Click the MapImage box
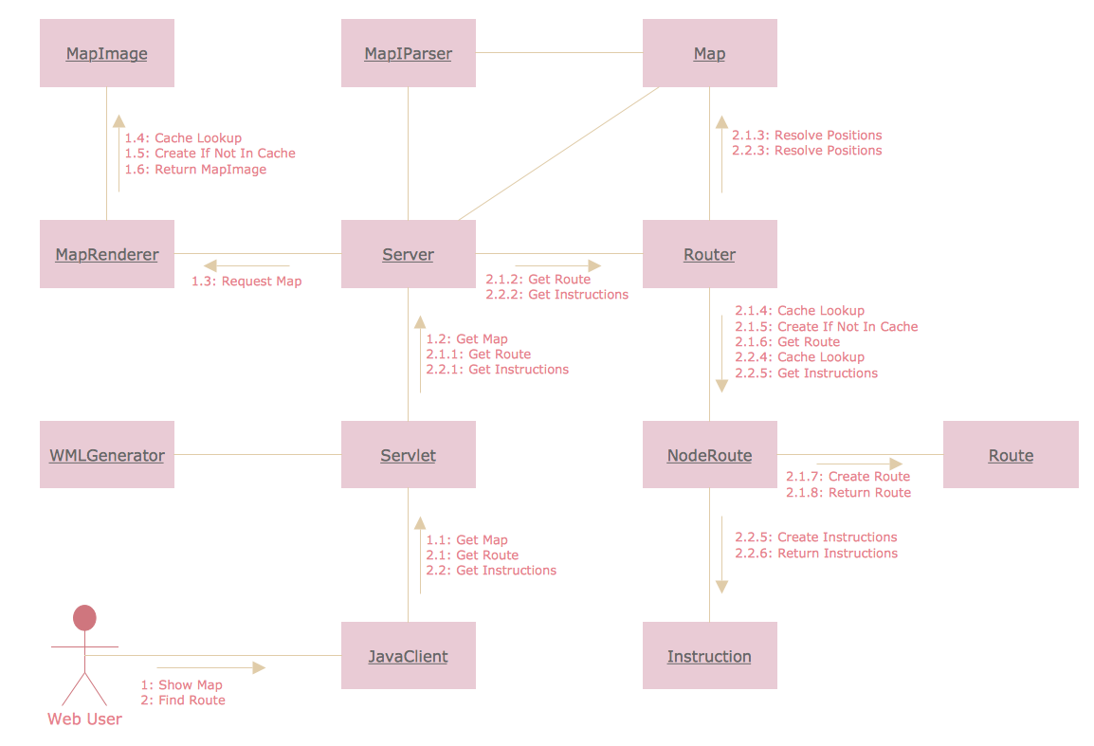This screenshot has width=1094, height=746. click(106, 53)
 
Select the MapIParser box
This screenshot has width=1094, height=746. click(408, 53)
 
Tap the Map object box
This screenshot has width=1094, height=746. click(709, 53)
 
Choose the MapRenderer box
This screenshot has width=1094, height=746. click(106, 254)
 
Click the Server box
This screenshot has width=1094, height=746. click(408, 254)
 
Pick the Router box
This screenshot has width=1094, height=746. click(709, 254)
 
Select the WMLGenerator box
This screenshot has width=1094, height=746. click(106, 455)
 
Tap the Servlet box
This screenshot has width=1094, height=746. click(408, 455)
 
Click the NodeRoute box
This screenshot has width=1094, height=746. click(709, 455)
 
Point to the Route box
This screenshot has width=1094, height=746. click(1011, 455)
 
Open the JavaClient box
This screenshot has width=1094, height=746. click(408, 656)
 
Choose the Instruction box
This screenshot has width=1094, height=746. click(709, 656)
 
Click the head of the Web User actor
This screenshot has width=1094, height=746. click(85, 618)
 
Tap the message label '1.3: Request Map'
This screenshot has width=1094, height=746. click(246, 282)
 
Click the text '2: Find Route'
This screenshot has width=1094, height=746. click(183, 701)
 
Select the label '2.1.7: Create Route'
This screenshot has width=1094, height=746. click(848, 477)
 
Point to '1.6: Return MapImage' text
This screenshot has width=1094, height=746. click(195, 170)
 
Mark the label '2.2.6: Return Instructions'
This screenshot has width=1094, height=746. click(815, 554)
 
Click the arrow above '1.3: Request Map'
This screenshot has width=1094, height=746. click(246, 265)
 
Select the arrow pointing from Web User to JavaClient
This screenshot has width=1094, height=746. click(211, 667)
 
